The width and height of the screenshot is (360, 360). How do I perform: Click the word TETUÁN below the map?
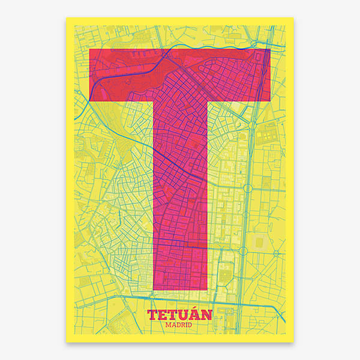point(179,315)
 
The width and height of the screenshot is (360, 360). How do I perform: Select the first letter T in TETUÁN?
point(152,315)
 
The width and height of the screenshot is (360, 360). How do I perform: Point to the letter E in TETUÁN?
point(163,315)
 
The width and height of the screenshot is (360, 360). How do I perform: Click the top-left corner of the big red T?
point(89,49)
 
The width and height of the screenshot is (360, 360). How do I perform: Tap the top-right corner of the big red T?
point(271,49)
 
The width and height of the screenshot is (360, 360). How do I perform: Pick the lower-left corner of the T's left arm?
point(89,101)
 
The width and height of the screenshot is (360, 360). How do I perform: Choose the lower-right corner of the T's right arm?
point(271,101)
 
